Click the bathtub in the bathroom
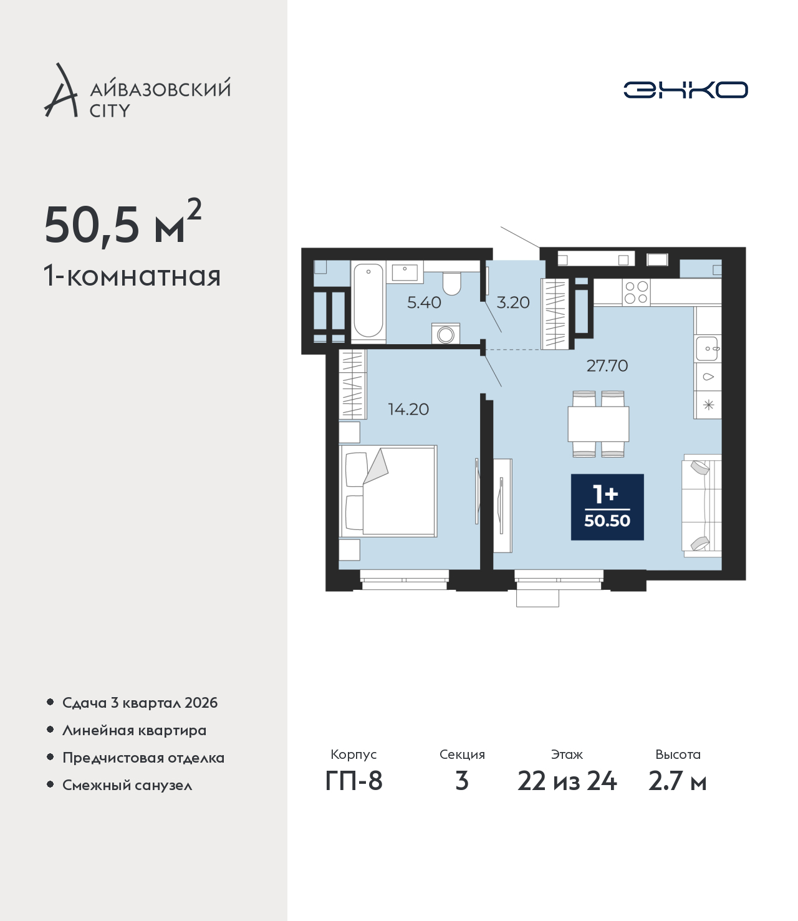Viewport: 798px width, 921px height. click(368, 301)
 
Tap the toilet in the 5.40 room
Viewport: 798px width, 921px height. click(452, 283)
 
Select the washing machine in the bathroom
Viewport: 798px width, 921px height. click(446, 333)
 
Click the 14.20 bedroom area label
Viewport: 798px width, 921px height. click(408, 409)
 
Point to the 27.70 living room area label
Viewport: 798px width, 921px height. click(607, 366)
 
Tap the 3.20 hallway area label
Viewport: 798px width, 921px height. click(513, 303)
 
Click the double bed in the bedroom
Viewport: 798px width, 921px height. click(388, 491)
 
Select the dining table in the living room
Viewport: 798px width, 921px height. click(598, 424)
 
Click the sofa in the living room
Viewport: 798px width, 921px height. click(701, 505)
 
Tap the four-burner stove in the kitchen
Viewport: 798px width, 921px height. click(637, 292)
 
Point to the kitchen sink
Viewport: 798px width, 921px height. click(708, 348)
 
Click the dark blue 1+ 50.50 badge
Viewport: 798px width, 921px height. click(607, 507)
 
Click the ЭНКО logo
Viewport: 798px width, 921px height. click(685, 90)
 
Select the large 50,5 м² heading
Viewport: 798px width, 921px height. click(123, 223)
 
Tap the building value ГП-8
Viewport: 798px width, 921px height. click(353, 781)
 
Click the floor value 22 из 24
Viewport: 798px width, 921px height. click(567, 781)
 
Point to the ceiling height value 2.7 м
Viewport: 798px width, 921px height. click(677, 781)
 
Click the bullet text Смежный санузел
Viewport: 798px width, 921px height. click(127, 785)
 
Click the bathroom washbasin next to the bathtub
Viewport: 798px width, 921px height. click(407, 272)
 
